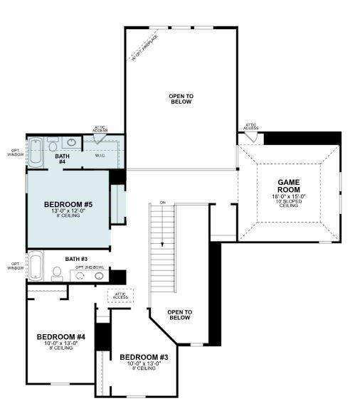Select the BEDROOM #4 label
click(x=61, y=336)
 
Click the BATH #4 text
click(x=62, y=159)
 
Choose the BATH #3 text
click(x=75, y=259)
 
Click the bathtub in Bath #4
click(x=35, y=151)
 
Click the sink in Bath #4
click(x=73, y=141)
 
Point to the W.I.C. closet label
click(x=100, y=155)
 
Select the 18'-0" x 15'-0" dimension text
click(x=289, y=196)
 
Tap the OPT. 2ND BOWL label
click(x=90, y=267)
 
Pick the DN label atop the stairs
click(x=162, y=203)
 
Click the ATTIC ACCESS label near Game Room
click(x=250, y=127)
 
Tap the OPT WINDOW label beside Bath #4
click(x=14, y=151)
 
